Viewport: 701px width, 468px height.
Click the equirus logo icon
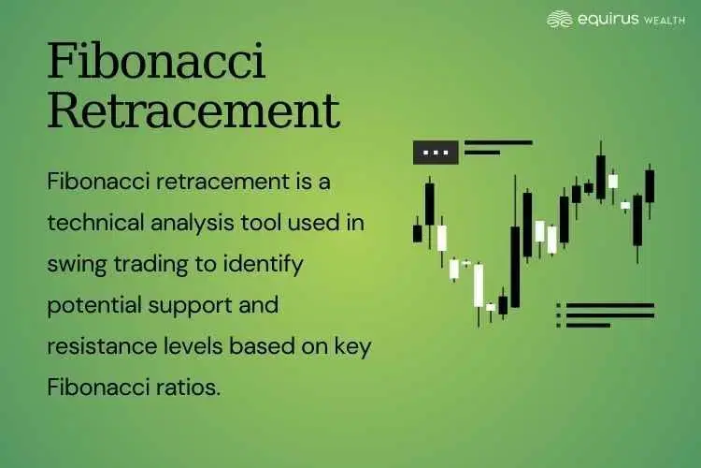click(560, 19)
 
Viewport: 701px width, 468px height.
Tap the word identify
click(262, 264)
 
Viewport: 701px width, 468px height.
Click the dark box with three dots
click(436, 152)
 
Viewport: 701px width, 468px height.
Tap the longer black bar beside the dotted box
click(498, 143)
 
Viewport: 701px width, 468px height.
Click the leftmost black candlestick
click(418, 232)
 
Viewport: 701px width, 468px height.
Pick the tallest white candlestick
click(479, 285)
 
